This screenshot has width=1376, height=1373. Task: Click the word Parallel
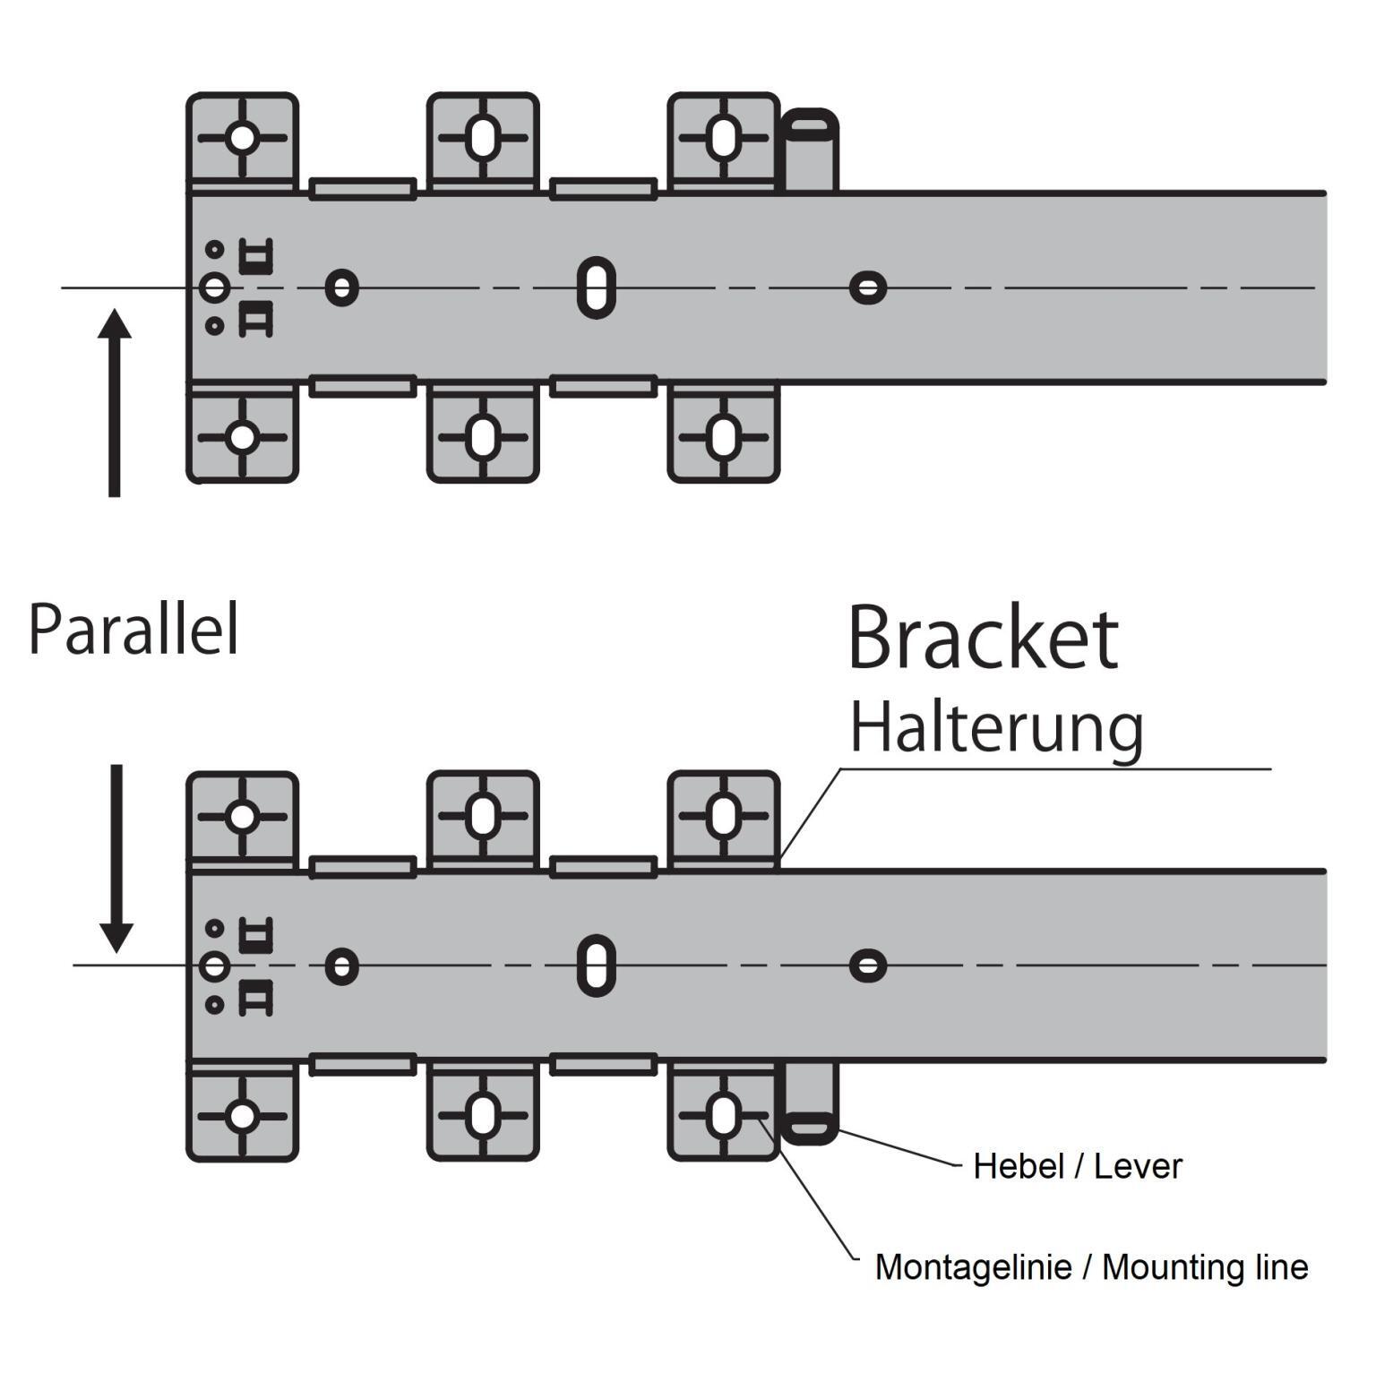(x=133, y=630)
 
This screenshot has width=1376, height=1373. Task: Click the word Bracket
(x=983, y=639)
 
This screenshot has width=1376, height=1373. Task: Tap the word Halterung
(x=996, y=728)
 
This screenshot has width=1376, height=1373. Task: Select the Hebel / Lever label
(x=1077, y=1166)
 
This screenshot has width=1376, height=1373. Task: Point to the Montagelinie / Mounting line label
(x=1091, y=1266)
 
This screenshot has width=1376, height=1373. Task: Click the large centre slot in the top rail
(x=597, y=287)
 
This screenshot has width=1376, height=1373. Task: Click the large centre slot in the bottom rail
(x=597, y=965)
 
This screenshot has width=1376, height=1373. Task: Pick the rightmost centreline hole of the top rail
(x=867, y=288)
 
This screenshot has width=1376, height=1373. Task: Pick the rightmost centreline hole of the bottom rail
(x=867, y=965)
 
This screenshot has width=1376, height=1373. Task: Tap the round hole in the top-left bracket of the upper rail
(x=242, y=139)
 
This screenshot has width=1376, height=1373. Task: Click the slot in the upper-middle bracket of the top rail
(x=483, y=139)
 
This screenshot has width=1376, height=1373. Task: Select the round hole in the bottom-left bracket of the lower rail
(x=242, y=1117)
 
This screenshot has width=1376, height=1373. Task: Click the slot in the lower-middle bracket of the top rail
(x=483, y=438)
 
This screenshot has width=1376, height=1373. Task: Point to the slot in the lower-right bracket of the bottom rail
(x=723, y=1117)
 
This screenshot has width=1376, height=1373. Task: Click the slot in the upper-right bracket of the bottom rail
(x=723, y=817)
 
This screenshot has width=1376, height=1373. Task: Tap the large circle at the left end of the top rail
(x=214, y=288)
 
